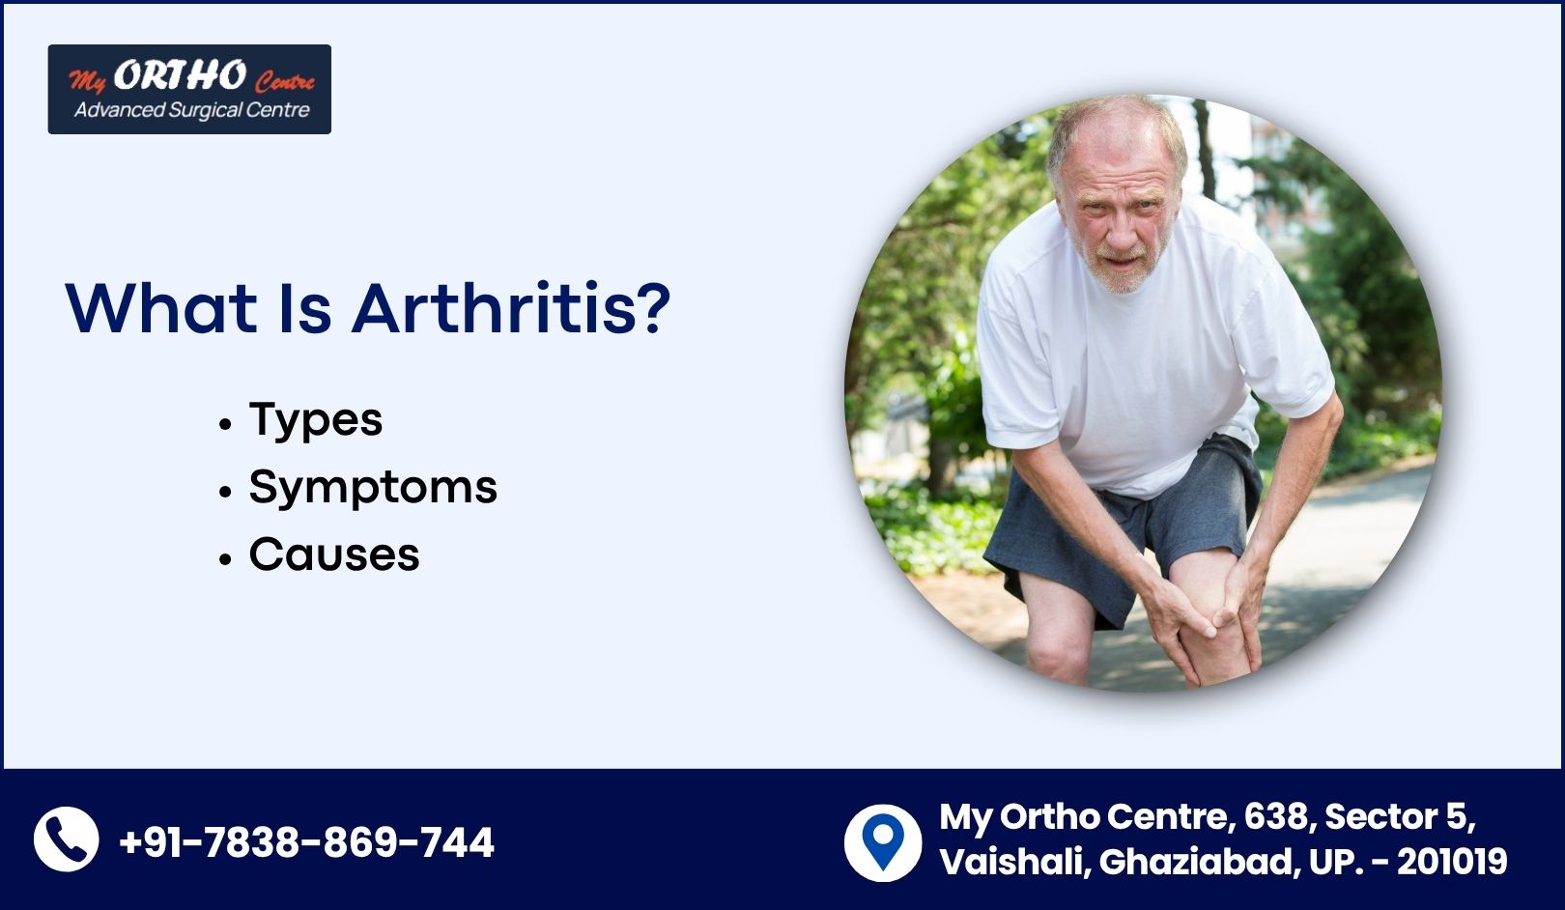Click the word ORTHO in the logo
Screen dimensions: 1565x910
(x=179, y=74)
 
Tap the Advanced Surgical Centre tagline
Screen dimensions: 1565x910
(x=191, y=110)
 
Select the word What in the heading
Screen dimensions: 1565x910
(x=161, y=308)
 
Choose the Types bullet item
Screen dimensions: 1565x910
(x=316, y=420)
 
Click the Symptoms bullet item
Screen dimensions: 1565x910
(x=373, y=487)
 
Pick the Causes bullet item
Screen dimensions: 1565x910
(x=334, y=555)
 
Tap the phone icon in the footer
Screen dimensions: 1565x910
(x=67, y=839)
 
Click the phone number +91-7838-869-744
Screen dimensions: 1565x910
(x=306, y=841)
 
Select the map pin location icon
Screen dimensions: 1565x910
(x=882, y=843)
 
